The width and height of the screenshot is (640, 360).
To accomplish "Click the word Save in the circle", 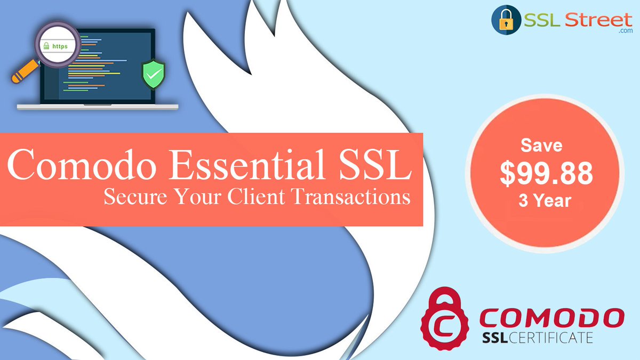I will (x=542, y=145).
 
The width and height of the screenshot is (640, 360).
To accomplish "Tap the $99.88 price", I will (x=546, y=173).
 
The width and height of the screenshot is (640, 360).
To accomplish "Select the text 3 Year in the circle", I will (x=545, y=201).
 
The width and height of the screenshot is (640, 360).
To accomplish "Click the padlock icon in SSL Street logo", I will (x=505, y=21).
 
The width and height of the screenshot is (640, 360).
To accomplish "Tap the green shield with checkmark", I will (x=153, y=75).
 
